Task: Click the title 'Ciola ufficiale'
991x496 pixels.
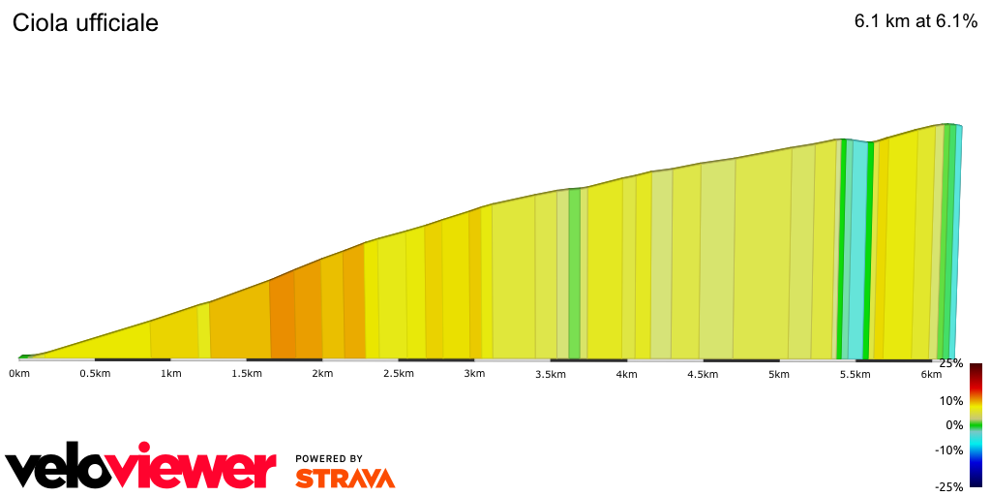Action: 85,23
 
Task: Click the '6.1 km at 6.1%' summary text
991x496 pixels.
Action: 916,22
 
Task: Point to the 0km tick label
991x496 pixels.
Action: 20,374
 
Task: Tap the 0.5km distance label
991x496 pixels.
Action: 94,374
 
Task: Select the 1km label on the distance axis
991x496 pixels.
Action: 171,374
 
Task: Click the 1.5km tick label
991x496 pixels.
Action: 247,374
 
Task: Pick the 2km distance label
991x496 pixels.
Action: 323,374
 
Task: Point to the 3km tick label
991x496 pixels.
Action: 474,374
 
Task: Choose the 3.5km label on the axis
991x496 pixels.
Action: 551,374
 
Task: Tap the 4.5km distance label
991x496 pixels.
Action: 703,374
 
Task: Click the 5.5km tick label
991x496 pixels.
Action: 855,374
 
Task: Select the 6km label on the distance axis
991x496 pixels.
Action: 931,374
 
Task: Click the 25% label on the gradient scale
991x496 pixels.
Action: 951,363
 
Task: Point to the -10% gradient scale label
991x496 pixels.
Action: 950,449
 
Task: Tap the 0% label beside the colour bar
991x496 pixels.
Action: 954,425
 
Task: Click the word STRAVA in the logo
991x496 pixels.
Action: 345,479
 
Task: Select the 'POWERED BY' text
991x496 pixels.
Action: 329,459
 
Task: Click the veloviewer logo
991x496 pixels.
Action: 141,468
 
